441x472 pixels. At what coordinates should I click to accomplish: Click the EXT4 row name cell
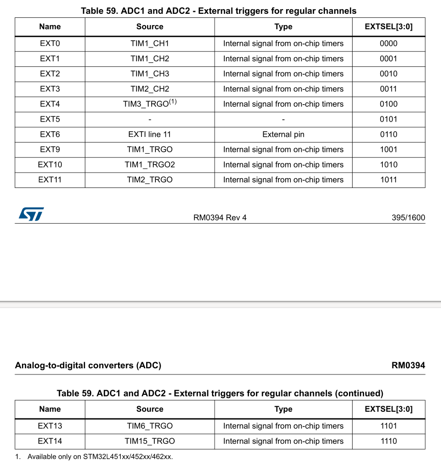tap(50, 104)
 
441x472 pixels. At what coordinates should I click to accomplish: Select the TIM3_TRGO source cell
tap(149, 104)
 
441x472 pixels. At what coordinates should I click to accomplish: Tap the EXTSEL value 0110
tap(388, 134)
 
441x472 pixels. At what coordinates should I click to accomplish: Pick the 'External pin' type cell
tap(283, 134)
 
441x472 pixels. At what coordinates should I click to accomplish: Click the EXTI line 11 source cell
tap(150, 134)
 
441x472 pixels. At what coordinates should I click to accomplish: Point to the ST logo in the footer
tap(31, 214)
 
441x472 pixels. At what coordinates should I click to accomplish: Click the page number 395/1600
tap(408, 218)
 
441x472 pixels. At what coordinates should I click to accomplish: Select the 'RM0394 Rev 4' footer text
tap(220, 218)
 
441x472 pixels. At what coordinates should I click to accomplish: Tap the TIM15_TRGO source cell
tap(150, 441)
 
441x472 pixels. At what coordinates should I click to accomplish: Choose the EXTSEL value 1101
tap(388, 426)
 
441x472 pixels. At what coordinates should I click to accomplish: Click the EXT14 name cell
tap(50, 441)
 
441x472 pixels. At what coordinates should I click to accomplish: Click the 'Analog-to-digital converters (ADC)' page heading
tap(88, 366)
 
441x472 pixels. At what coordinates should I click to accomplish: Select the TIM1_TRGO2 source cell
tap(150, 165)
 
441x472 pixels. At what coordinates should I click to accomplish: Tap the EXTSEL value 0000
tap(388, 43)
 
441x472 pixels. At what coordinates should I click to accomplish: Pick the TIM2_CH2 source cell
tap(150, 89)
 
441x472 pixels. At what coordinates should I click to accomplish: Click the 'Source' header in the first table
tap(150, 27)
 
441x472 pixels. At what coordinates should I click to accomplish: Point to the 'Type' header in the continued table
tap(283, 409)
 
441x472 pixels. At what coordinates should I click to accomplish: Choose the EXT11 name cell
tap(50, 180)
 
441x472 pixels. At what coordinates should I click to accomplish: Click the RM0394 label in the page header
tap(408, 366)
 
